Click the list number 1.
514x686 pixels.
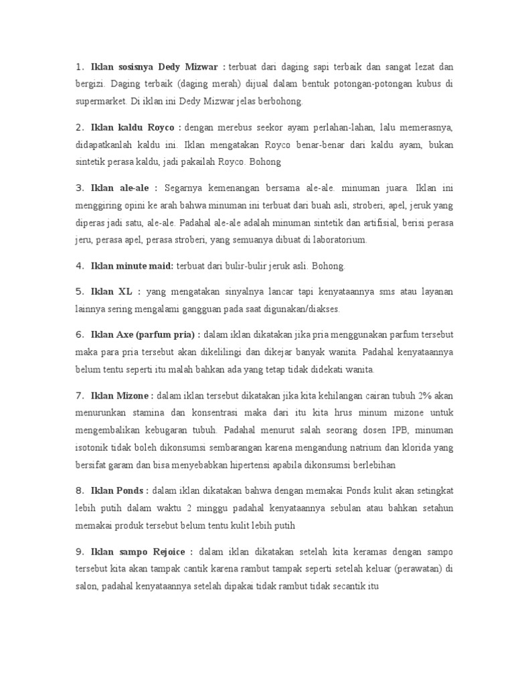pos(78,67)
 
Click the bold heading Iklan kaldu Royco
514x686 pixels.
pos(133,127)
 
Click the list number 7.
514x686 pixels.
pos(78,395)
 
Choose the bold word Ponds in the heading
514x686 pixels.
pos(131,490)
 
